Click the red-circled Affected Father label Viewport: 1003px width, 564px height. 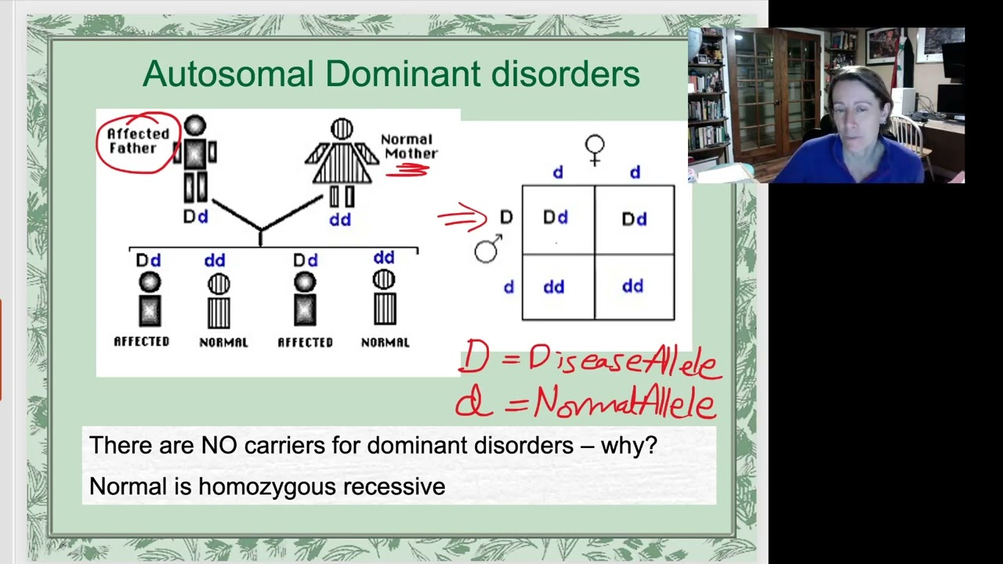[138, 140]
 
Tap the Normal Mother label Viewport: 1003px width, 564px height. [408, 146]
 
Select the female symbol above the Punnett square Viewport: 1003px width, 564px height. [595, 149]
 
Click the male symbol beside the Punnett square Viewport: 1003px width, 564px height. [487, 249]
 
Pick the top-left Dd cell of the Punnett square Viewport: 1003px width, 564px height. [556, 218]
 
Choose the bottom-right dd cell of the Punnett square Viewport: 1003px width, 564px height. [633, 287]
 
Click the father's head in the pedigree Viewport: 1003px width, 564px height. [195, 125]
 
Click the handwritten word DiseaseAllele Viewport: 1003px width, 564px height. [623, 361]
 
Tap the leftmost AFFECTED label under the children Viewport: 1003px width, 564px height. [141, 342]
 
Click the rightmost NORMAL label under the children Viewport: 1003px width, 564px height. [385, 342]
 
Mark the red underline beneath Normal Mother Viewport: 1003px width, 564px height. [407, 170]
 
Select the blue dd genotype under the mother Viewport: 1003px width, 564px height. [339, 220]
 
